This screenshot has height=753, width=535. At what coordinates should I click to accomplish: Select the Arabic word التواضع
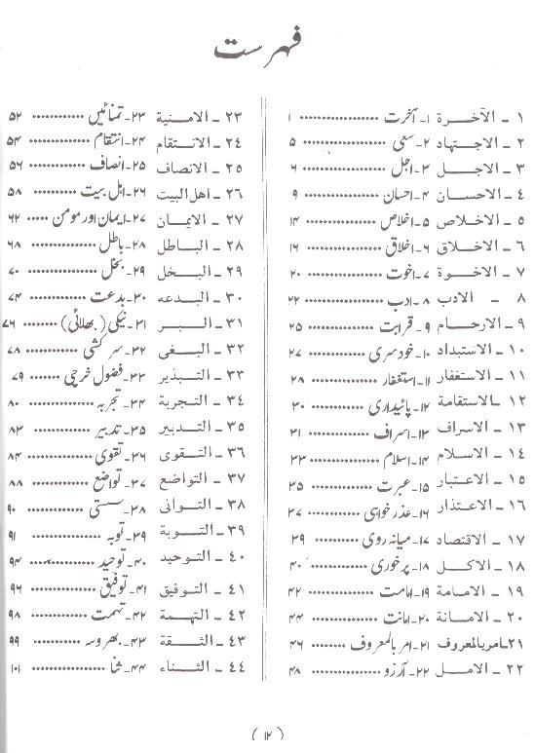[x=191, y=481]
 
